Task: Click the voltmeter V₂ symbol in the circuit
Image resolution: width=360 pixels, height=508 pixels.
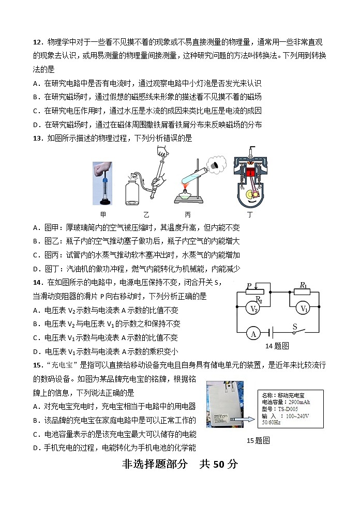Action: click(x=254, y=309)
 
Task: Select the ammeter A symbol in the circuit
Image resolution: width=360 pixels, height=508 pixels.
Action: click(x=253, y=333)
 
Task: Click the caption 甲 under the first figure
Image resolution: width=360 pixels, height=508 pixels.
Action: click(x=102, y=213)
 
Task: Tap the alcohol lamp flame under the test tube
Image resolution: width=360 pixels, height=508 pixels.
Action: click(x=187, y=183)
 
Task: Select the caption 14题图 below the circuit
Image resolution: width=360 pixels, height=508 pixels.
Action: click(x=277, y=346)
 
